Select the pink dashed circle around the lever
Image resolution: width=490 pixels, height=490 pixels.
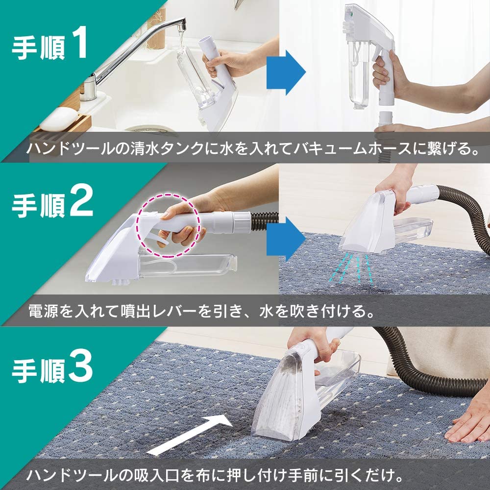[169, 225]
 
